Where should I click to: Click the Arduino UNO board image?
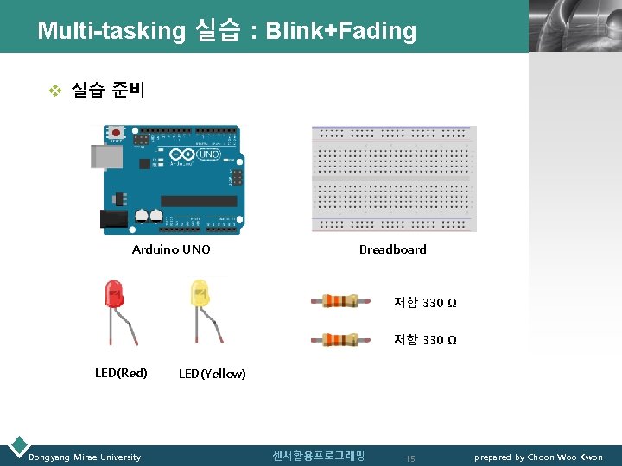click(172, 179)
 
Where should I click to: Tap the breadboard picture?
click(394, 179)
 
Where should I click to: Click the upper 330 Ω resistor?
click(340, 301)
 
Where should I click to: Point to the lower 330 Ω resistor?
click(340, 339)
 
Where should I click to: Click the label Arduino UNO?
click(171, 249)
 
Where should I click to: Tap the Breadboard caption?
click(393, 249)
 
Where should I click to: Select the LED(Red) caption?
click(121, 373)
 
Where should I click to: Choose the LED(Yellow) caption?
click(213, 374)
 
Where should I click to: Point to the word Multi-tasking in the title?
click(111, 31)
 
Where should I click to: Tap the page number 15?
click(410, 458)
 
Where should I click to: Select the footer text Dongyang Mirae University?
click(85, 457)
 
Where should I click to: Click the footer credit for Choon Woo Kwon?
click(538, 457)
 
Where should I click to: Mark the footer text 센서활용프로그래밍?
click(319, 456)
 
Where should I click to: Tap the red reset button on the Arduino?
click(115, 134)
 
